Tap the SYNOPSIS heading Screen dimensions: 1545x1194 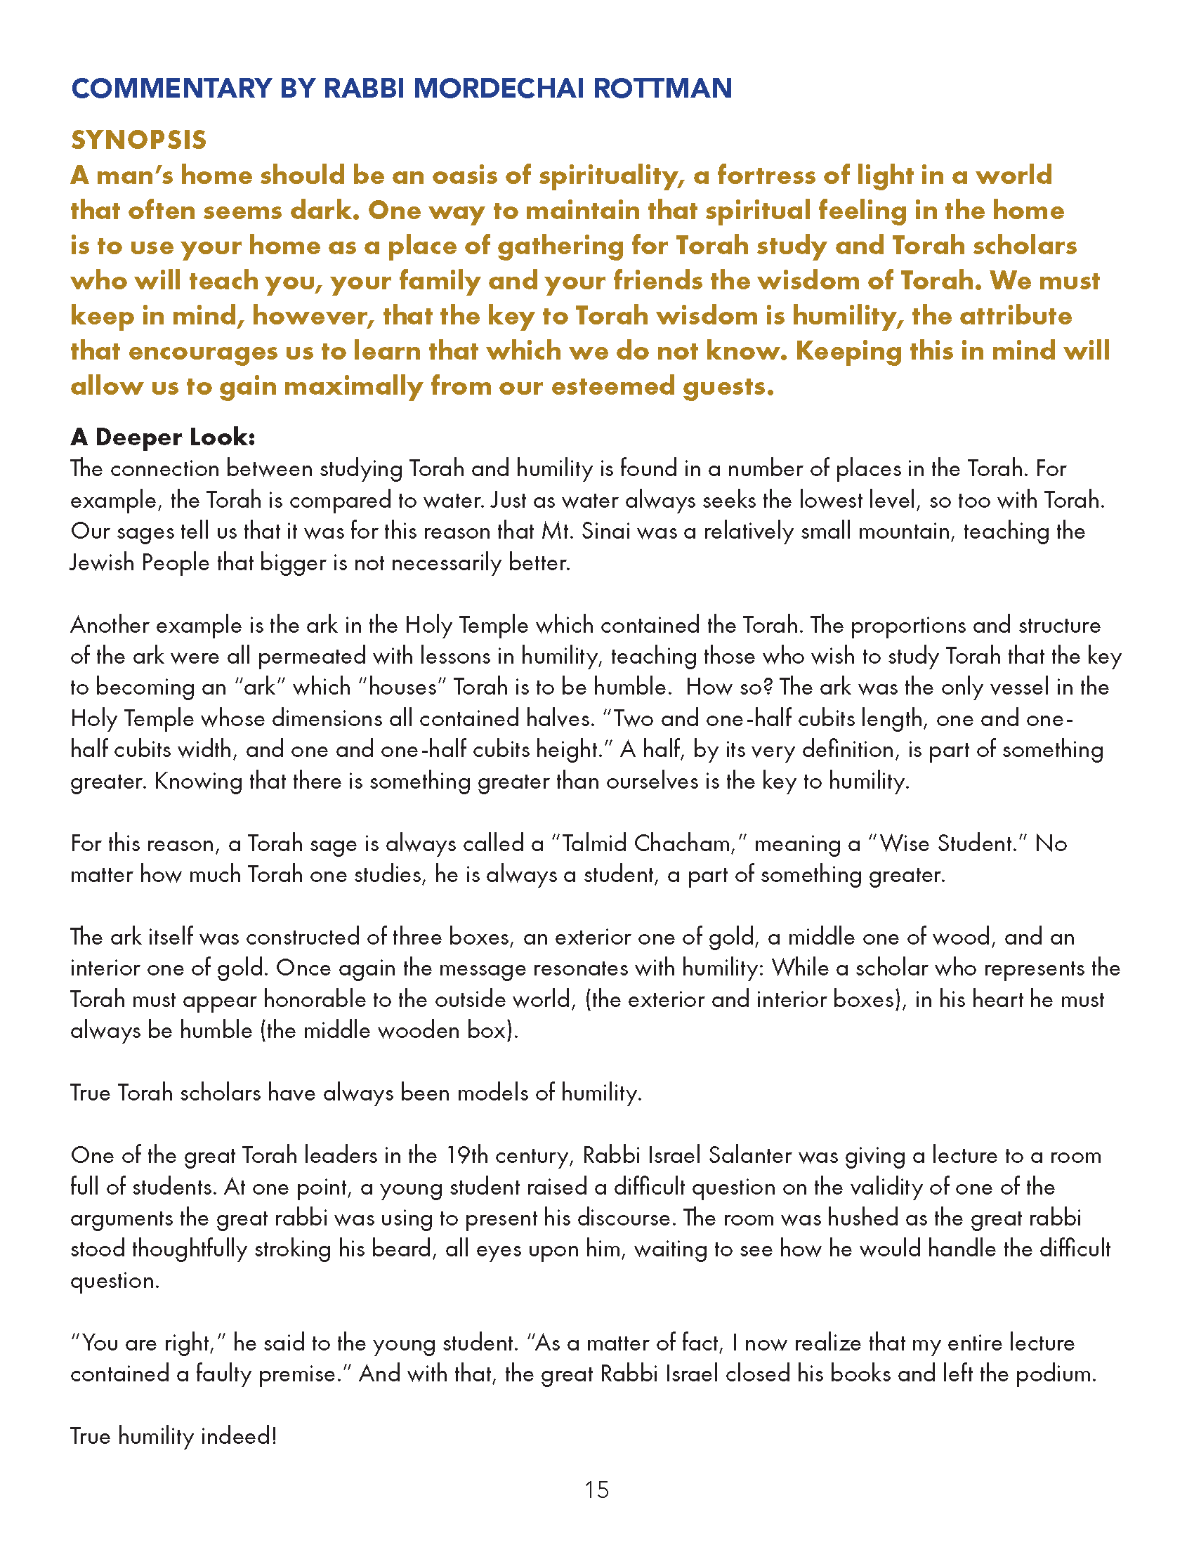click(138, 140)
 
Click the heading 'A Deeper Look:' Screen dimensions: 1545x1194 click(163, 438)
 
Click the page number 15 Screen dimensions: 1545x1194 click(597, 1490)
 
